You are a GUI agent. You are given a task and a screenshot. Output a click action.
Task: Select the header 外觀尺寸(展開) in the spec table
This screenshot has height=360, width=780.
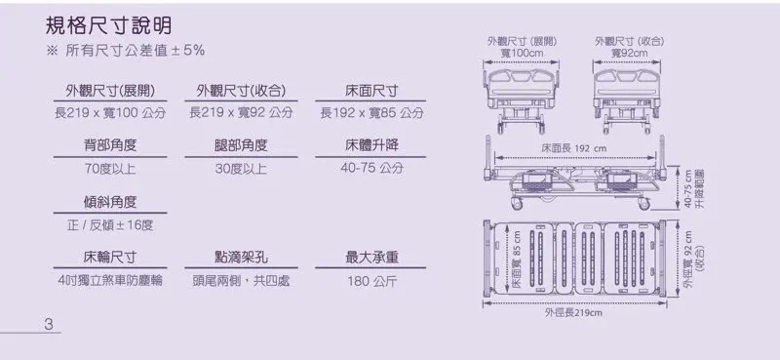tap(109, 91)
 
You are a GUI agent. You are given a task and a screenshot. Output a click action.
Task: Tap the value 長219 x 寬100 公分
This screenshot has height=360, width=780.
tap(109, 114)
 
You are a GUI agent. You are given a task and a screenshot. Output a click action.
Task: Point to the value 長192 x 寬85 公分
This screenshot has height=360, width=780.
tap(371, 114)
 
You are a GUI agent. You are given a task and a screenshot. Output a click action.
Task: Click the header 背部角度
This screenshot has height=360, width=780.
tap(109, 145)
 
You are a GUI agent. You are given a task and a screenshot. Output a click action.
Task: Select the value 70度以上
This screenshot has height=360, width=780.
tap(109, 169)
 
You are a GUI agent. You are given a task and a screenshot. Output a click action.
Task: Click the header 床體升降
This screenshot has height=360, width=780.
tap(371, 145)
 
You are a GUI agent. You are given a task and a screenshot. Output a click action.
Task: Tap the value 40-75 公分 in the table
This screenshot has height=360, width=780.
tap(371, 169)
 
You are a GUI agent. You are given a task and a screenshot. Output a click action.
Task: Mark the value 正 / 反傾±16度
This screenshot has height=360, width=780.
tap(109, 225)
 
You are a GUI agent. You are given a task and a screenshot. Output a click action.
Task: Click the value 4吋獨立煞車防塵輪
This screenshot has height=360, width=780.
tap(109, 281)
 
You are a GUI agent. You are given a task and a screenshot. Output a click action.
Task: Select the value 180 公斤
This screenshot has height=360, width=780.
tap(371, 281)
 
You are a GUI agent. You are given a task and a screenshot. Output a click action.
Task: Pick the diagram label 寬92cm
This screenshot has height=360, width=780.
tap(631, 53)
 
